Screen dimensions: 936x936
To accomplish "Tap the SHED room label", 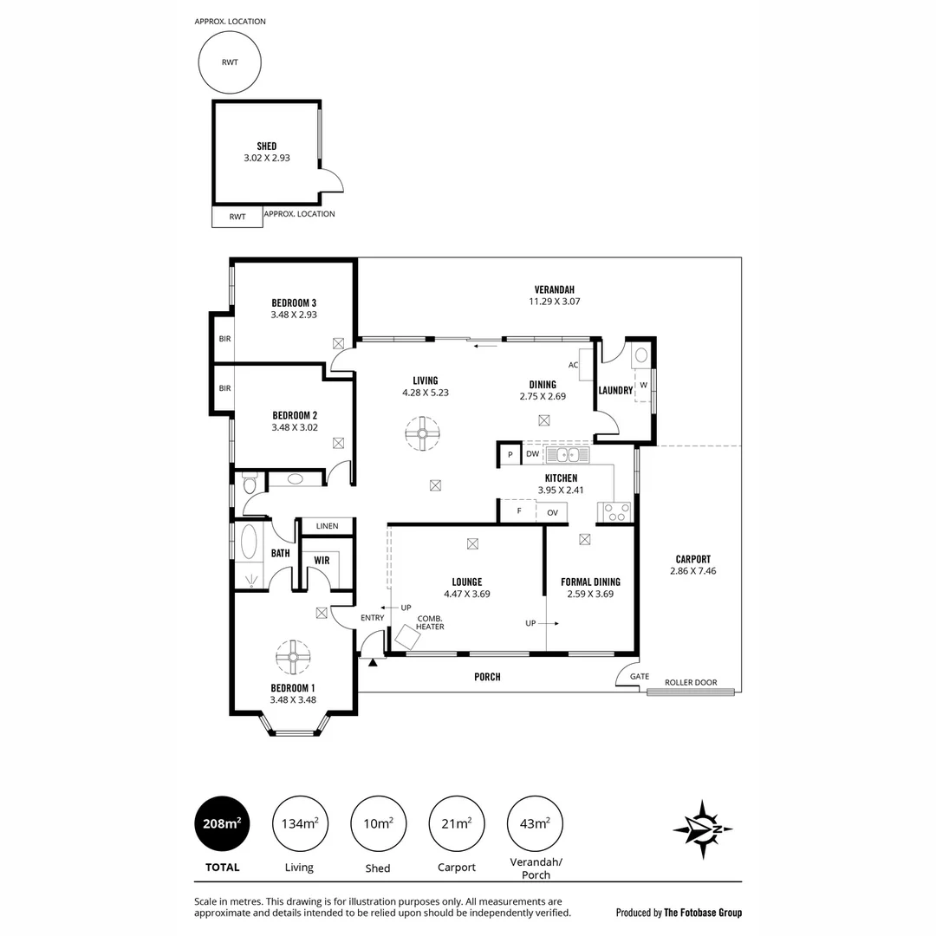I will [x=267, y=146].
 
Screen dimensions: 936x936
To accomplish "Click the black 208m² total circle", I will [x=222, y=824].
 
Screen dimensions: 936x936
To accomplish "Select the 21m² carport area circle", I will [x=457, y=824].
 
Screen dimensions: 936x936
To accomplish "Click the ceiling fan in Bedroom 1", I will [x=294, y=656].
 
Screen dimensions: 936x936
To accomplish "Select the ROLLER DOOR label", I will [x=691, y=683].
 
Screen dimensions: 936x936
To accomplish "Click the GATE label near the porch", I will [x=639, y=676].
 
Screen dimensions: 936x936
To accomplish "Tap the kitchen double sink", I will [x=568, y=454].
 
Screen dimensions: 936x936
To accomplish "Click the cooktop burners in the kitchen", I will [x=616, y=512].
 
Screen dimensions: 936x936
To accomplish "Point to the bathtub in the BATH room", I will [x=250, y=544].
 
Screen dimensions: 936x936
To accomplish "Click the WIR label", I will [x=322, y=561].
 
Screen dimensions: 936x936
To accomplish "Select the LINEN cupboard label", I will [x=327, y=526].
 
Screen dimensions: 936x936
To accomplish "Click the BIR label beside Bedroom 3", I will [x=224, y=338].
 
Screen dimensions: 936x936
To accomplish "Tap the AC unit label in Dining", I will [x=573, y=365].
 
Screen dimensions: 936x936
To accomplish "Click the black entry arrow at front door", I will [x=374, y=662].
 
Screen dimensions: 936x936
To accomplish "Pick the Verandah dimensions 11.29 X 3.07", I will [x=554, y=302].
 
